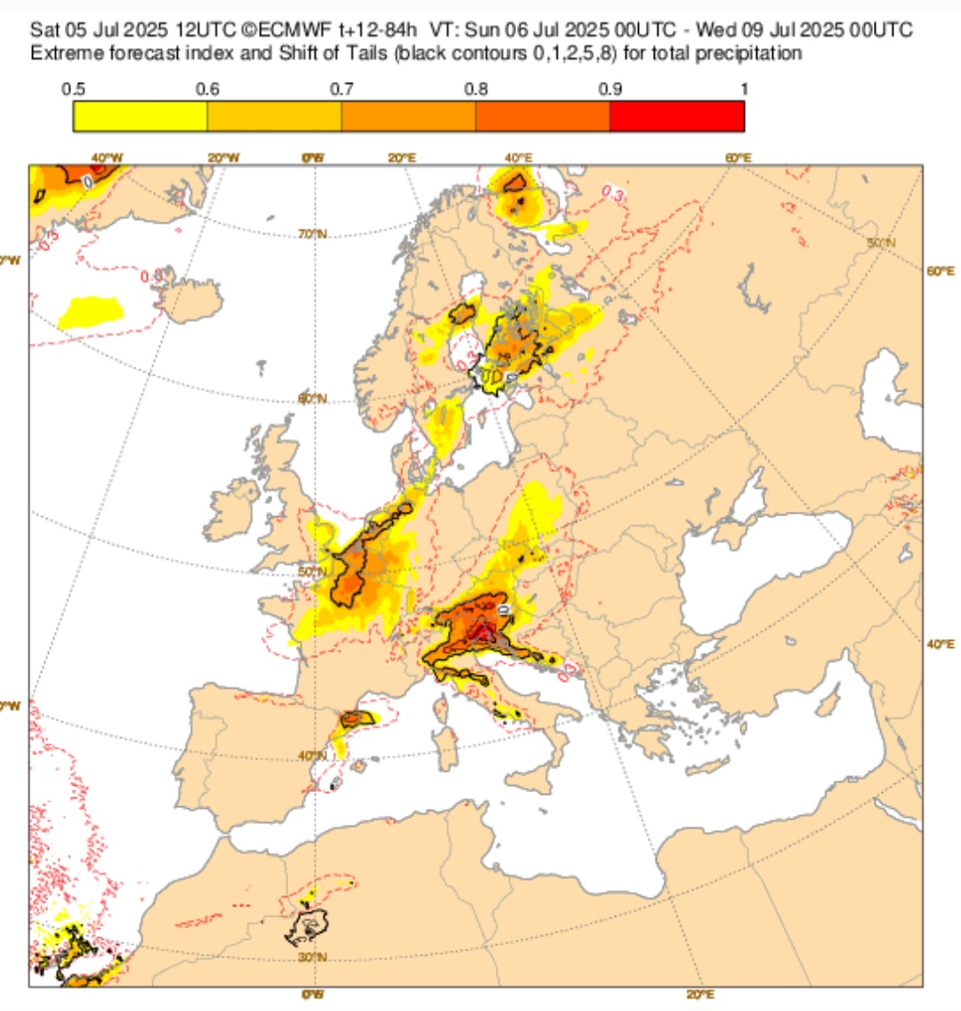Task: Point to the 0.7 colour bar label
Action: pyautogui.click(x=341, y=89)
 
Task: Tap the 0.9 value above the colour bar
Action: pyautogui.click(x=610, y=89)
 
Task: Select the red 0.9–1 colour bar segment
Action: pyautogui.click(x=676, y=117)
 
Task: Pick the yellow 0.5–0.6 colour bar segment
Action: pyautogui.click(x=140, y=117)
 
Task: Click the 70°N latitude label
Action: pyautogui.click(x=311, y=234)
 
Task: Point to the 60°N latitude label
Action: pyautogui.click(x=312, y=399)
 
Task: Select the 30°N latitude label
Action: pyautogui.click(x=312, y=958)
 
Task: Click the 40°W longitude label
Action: pyautogui.click(x=107, y=158)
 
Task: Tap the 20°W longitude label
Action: pyautogui.click(x=223, y=158)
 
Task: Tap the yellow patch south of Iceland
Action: pyautogui.click(x=90, y=311)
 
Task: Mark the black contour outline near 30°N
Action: pyautogui.click(x=307, y=927)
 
